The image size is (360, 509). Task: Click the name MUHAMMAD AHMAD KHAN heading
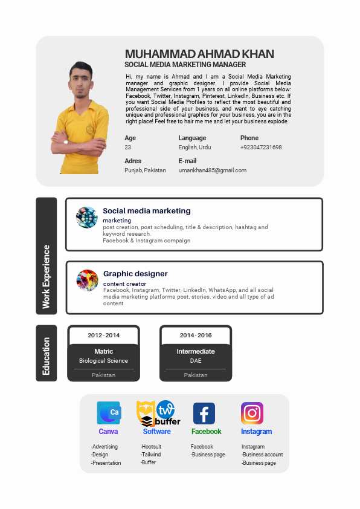(199, 54)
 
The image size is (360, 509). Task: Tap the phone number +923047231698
(261, 148)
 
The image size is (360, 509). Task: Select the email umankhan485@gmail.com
(213, 170)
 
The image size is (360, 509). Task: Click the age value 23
(127, 148)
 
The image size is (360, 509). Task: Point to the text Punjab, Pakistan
(145, 170)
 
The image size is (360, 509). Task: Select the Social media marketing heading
(147, 211)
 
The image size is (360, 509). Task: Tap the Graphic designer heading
(135, 274)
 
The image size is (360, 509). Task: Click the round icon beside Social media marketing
(87, 217)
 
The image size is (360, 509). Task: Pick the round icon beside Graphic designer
(87, 280)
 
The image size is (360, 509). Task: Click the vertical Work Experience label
(46, 276)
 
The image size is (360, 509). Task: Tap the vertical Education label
(46, 356)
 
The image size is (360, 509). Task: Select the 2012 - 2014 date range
(104, 336)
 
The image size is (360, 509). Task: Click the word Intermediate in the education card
(196, 351)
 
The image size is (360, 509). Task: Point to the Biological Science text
(103, 361)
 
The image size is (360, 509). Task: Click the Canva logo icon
(109, 413)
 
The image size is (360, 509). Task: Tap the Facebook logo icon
(204, 413)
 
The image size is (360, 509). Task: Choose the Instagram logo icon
(252, 413)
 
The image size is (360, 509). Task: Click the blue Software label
(157, 432)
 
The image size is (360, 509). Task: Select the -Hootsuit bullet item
(152, 447)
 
